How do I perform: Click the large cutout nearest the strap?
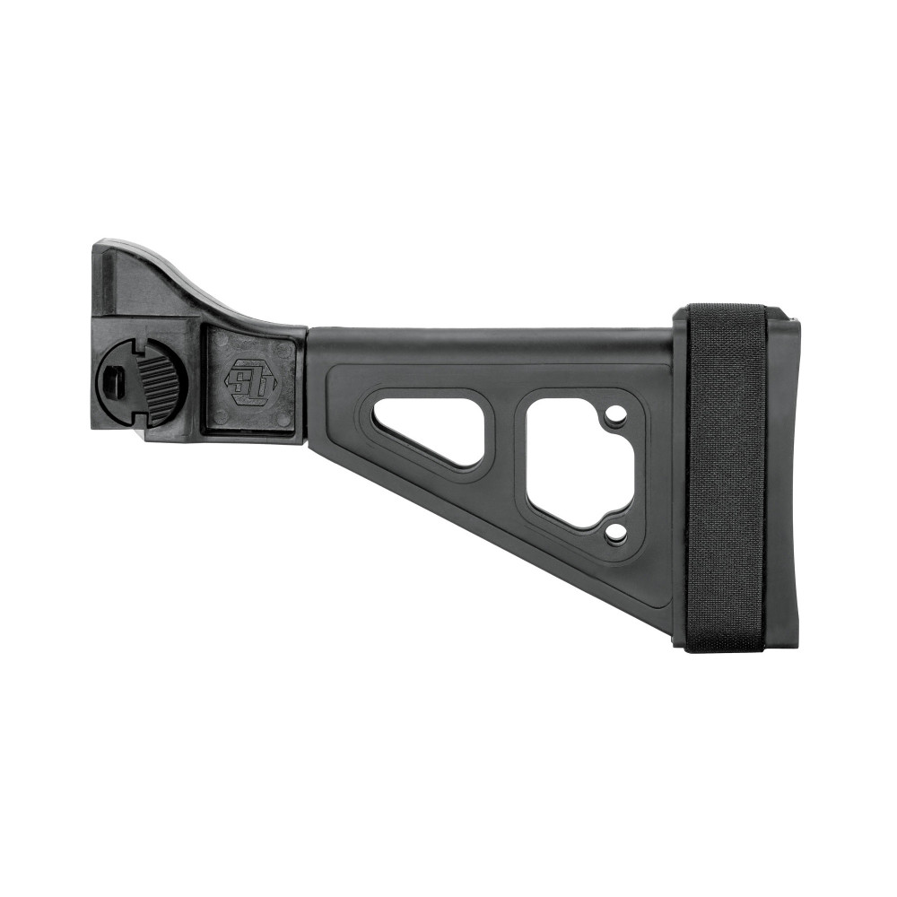pyautogui.click(x=574, y=457)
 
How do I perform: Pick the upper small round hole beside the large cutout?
pyautogui.click(x=615, y=415)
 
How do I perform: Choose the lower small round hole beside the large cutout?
pyautogui.click(x=615, y=534)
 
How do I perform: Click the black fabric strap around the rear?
pyautogui.click(x=725, y=475)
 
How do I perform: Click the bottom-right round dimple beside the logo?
pyautogui.click(x=285, y=418)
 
